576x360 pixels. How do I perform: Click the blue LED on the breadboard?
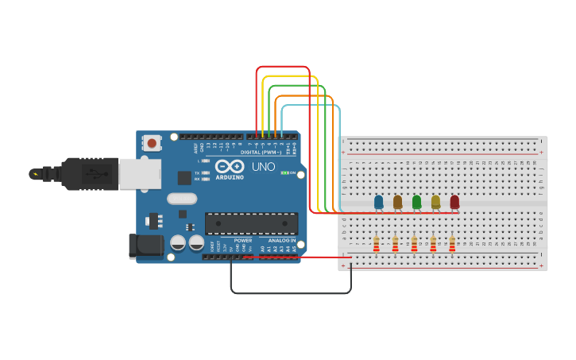coord(378,202)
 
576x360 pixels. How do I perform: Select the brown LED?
coord(397,202)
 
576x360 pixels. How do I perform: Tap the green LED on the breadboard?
coord(416,202)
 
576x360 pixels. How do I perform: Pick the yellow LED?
coord(435,202)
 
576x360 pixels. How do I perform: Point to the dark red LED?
coord(454,202)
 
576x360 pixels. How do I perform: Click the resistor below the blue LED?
coord(376,244)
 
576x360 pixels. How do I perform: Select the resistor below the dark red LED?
coord(452,244)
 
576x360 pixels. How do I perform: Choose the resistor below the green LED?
coord(414,244)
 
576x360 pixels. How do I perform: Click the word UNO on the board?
coord(263,167)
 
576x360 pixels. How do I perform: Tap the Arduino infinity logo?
coord(229,167)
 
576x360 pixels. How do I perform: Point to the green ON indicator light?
coord(284,172)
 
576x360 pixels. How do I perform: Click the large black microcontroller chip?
coord(251,223)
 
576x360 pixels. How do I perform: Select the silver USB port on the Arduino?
coord(140,173)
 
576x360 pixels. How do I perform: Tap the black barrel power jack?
coord(145,246)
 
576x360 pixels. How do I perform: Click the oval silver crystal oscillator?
coord(181,199)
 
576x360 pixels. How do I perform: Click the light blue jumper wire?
coord(311,105)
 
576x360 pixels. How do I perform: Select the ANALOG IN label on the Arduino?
coord(282,240)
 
